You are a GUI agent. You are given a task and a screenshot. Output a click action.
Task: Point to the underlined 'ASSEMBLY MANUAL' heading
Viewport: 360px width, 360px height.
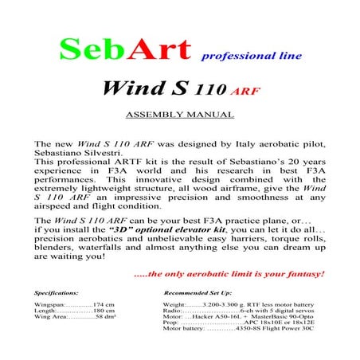(180, 114)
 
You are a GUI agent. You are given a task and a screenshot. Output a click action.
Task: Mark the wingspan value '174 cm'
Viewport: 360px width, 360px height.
(104, 305)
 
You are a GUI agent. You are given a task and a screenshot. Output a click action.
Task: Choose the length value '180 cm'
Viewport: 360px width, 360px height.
(104, 311)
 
